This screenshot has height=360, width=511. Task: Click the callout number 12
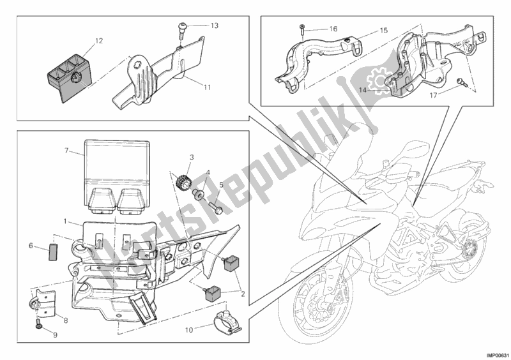coord(98,41)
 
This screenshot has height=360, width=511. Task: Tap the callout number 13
coord(214,26)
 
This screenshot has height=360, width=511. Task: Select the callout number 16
coord(333,29)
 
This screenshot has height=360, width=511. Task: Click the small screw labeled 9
coord(38,326)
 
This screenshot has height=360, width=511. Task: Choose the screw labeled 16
coord(301,29)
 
